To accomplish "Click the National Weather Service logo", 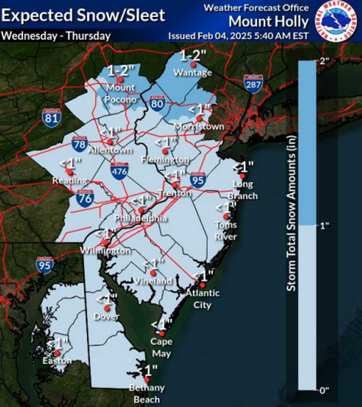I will coord(336,21).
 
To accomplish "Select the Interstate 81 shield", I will coord(51,118).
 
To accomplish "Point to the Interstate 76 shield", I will coord(85,198).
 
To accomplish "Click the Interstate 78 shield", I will coord(79,145).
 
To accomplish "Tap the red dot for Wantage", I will coord(193,64).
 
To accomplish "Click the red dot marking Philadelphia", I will coord(141,210).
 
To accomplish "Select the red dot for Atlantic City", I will coord(202,285).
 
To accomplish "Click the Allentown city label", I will coord(110,150).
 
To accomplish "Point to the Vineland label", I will coord(153,281).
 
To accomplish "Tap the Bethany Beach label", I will coord(147,394).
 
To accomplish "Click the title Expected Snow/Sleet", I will coord(83,15).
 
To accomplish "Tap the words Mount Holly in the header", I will coord(268,21).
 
